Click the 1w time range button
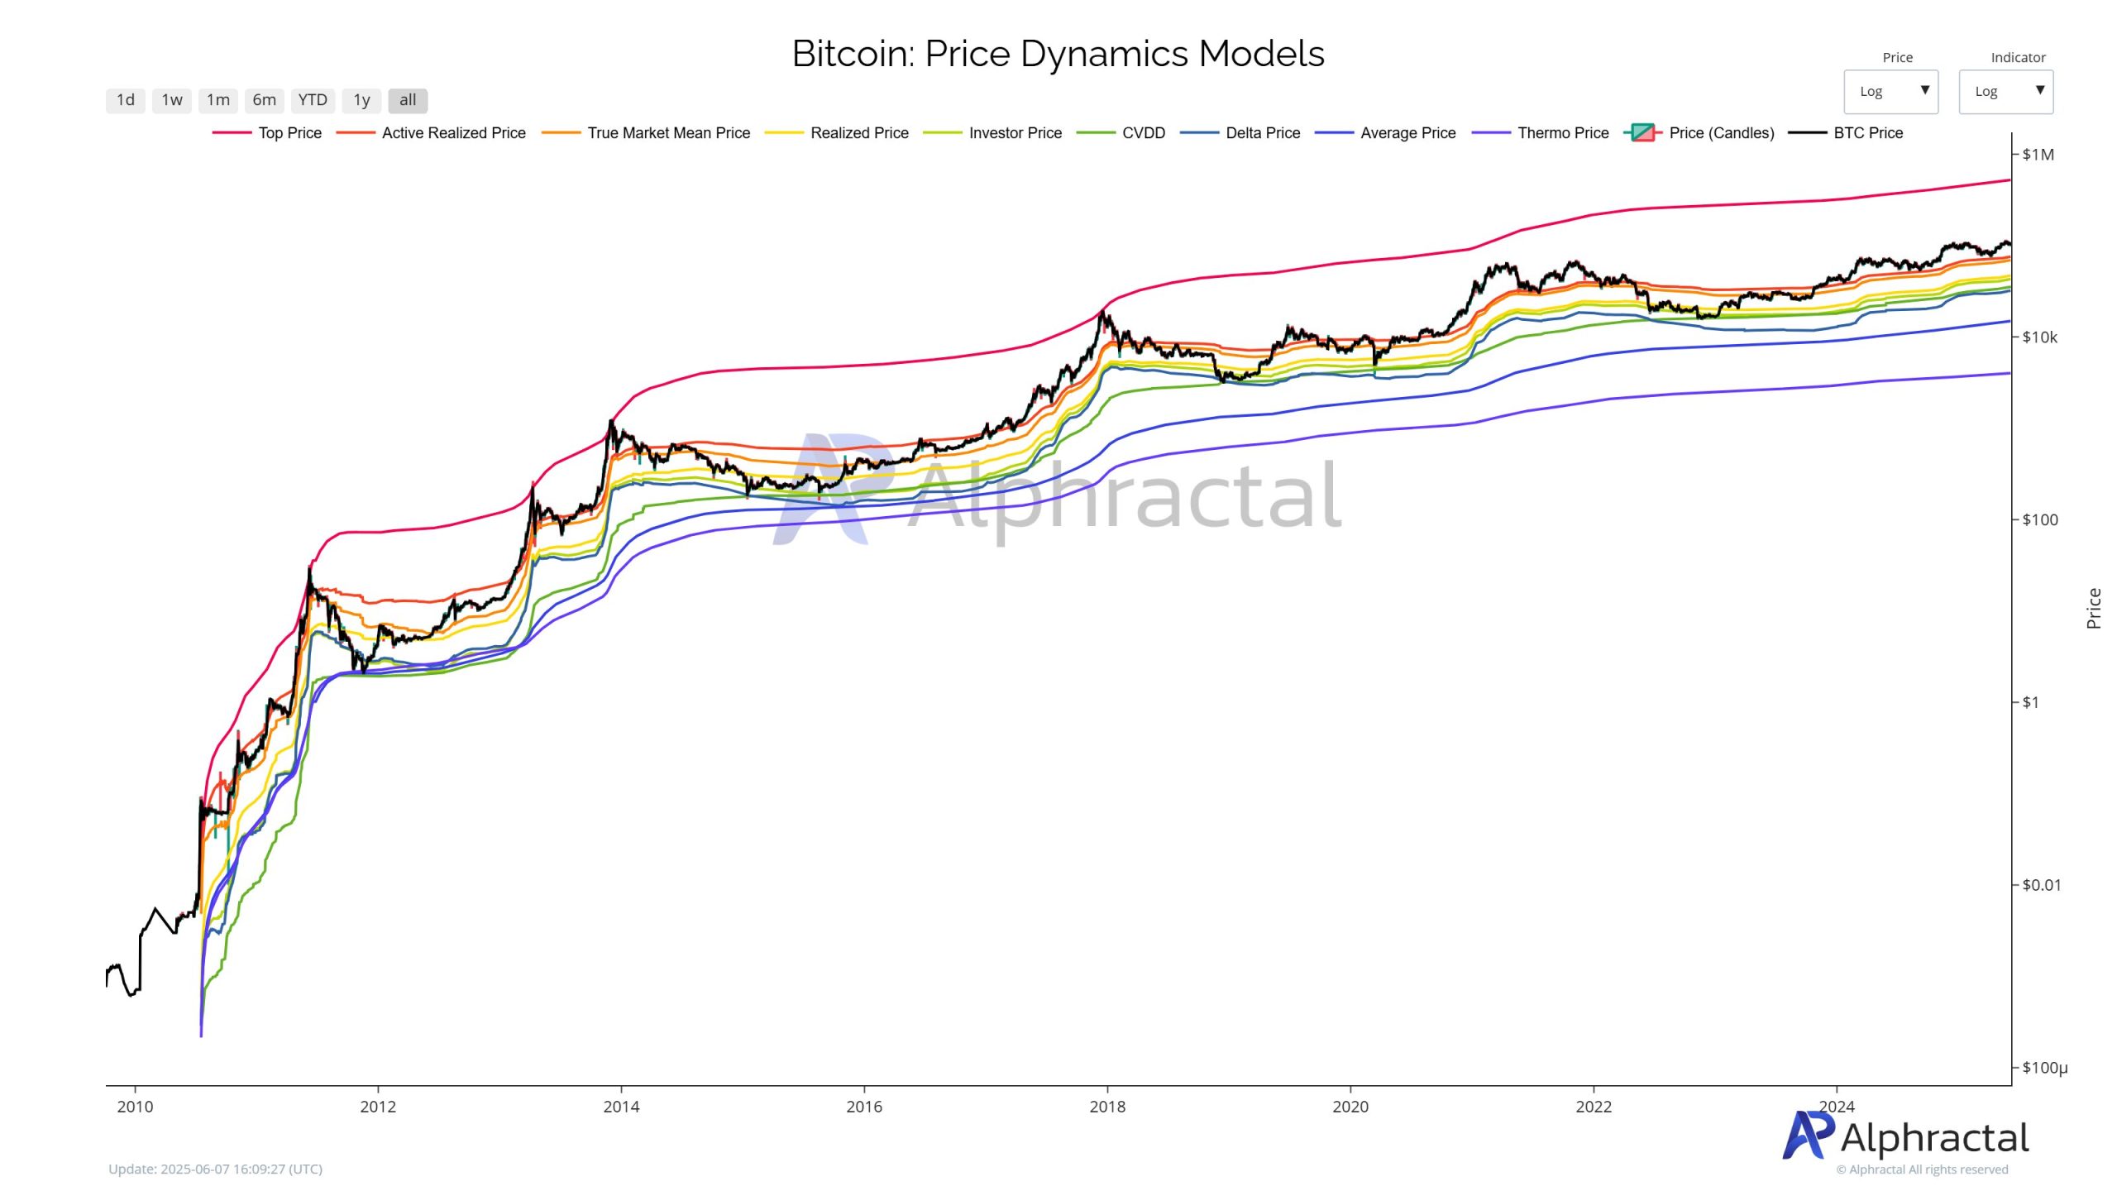(x=172, y=100)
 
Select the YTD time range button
(x=313, y=100)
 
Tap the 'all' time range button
(x=408, y=100)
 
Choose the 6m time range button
(x=265, y=100)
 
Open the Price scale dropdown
(x=1890, y=91)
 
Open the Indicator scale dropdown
(x=2005, y=91)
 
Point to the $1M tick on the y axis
(x=2038, y=155)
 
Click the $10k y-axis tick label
(x=2039, y=337)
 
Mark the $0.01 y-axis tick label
(x=2041, y=885)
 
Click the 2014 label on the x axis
(x=621, y=1107)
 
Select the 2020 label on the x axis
(x=1350, y=1107)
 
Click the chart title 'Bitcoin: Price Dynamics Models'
(x=1058, y=54)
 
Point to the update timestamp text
(x=215, y=1169)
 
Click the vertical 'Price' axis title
(x=2094, y=608)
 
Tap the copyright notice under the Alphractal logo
(x=1922, y=1169)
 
